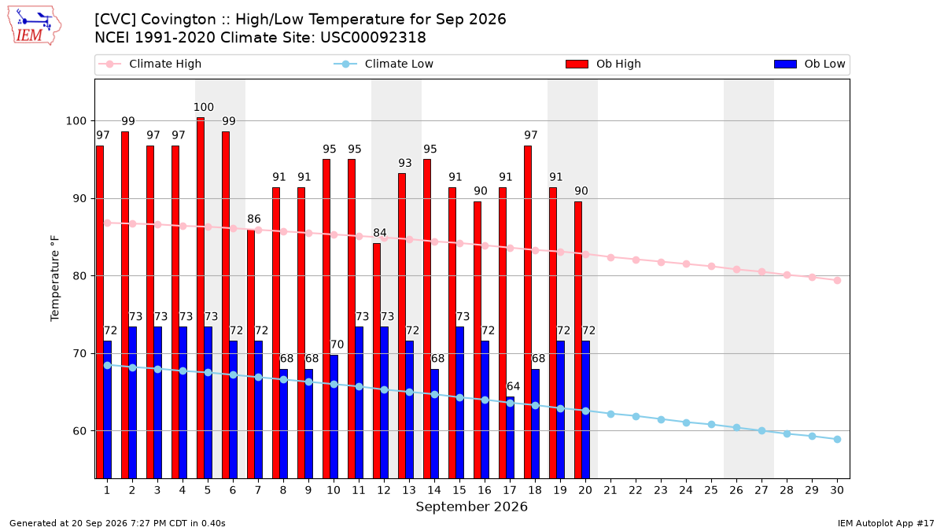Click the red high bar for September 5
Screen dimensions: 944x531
coord(201,298)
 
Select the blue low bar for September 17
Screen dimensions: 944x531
coord(511,437)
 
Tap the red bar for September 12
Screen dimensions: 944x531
coord(377,361)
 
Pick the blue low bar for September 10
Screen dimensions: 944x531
coord(334,416)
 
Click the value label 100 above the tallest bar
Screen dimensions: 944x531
coord(204,107)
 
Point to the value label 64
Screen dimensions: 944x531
coord(513,386)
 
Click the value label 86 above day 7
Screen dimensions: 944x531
coord(253,219)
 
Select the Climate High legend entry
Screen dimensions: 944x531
coord(149,64)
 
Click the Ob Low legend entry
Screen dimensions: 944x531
coord(809,64)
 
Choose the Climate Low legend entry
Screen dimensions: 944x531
coord(383,64)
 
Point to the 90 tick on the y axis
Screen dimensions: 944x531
coord(79,198)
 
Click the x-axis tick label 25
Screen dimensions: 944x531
coord(711,490)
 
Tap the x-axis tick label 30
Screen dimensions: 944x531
coord(837,490)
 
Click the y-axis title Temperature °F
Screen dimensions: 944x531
coord(55,278)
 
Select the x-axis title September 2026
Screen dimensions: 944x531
coord(471,507)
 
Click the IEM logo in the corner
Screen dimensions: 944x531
coord(34,26)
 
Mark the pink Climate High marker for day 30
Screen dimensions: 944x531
coord(837,280)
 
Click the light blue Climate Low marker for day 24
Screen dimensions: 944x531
coord(686,422)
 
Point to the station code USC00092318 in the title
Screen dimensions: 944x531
coord(373,38)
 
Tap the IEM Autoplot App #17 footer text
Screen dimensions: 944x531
coord(886,523)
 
